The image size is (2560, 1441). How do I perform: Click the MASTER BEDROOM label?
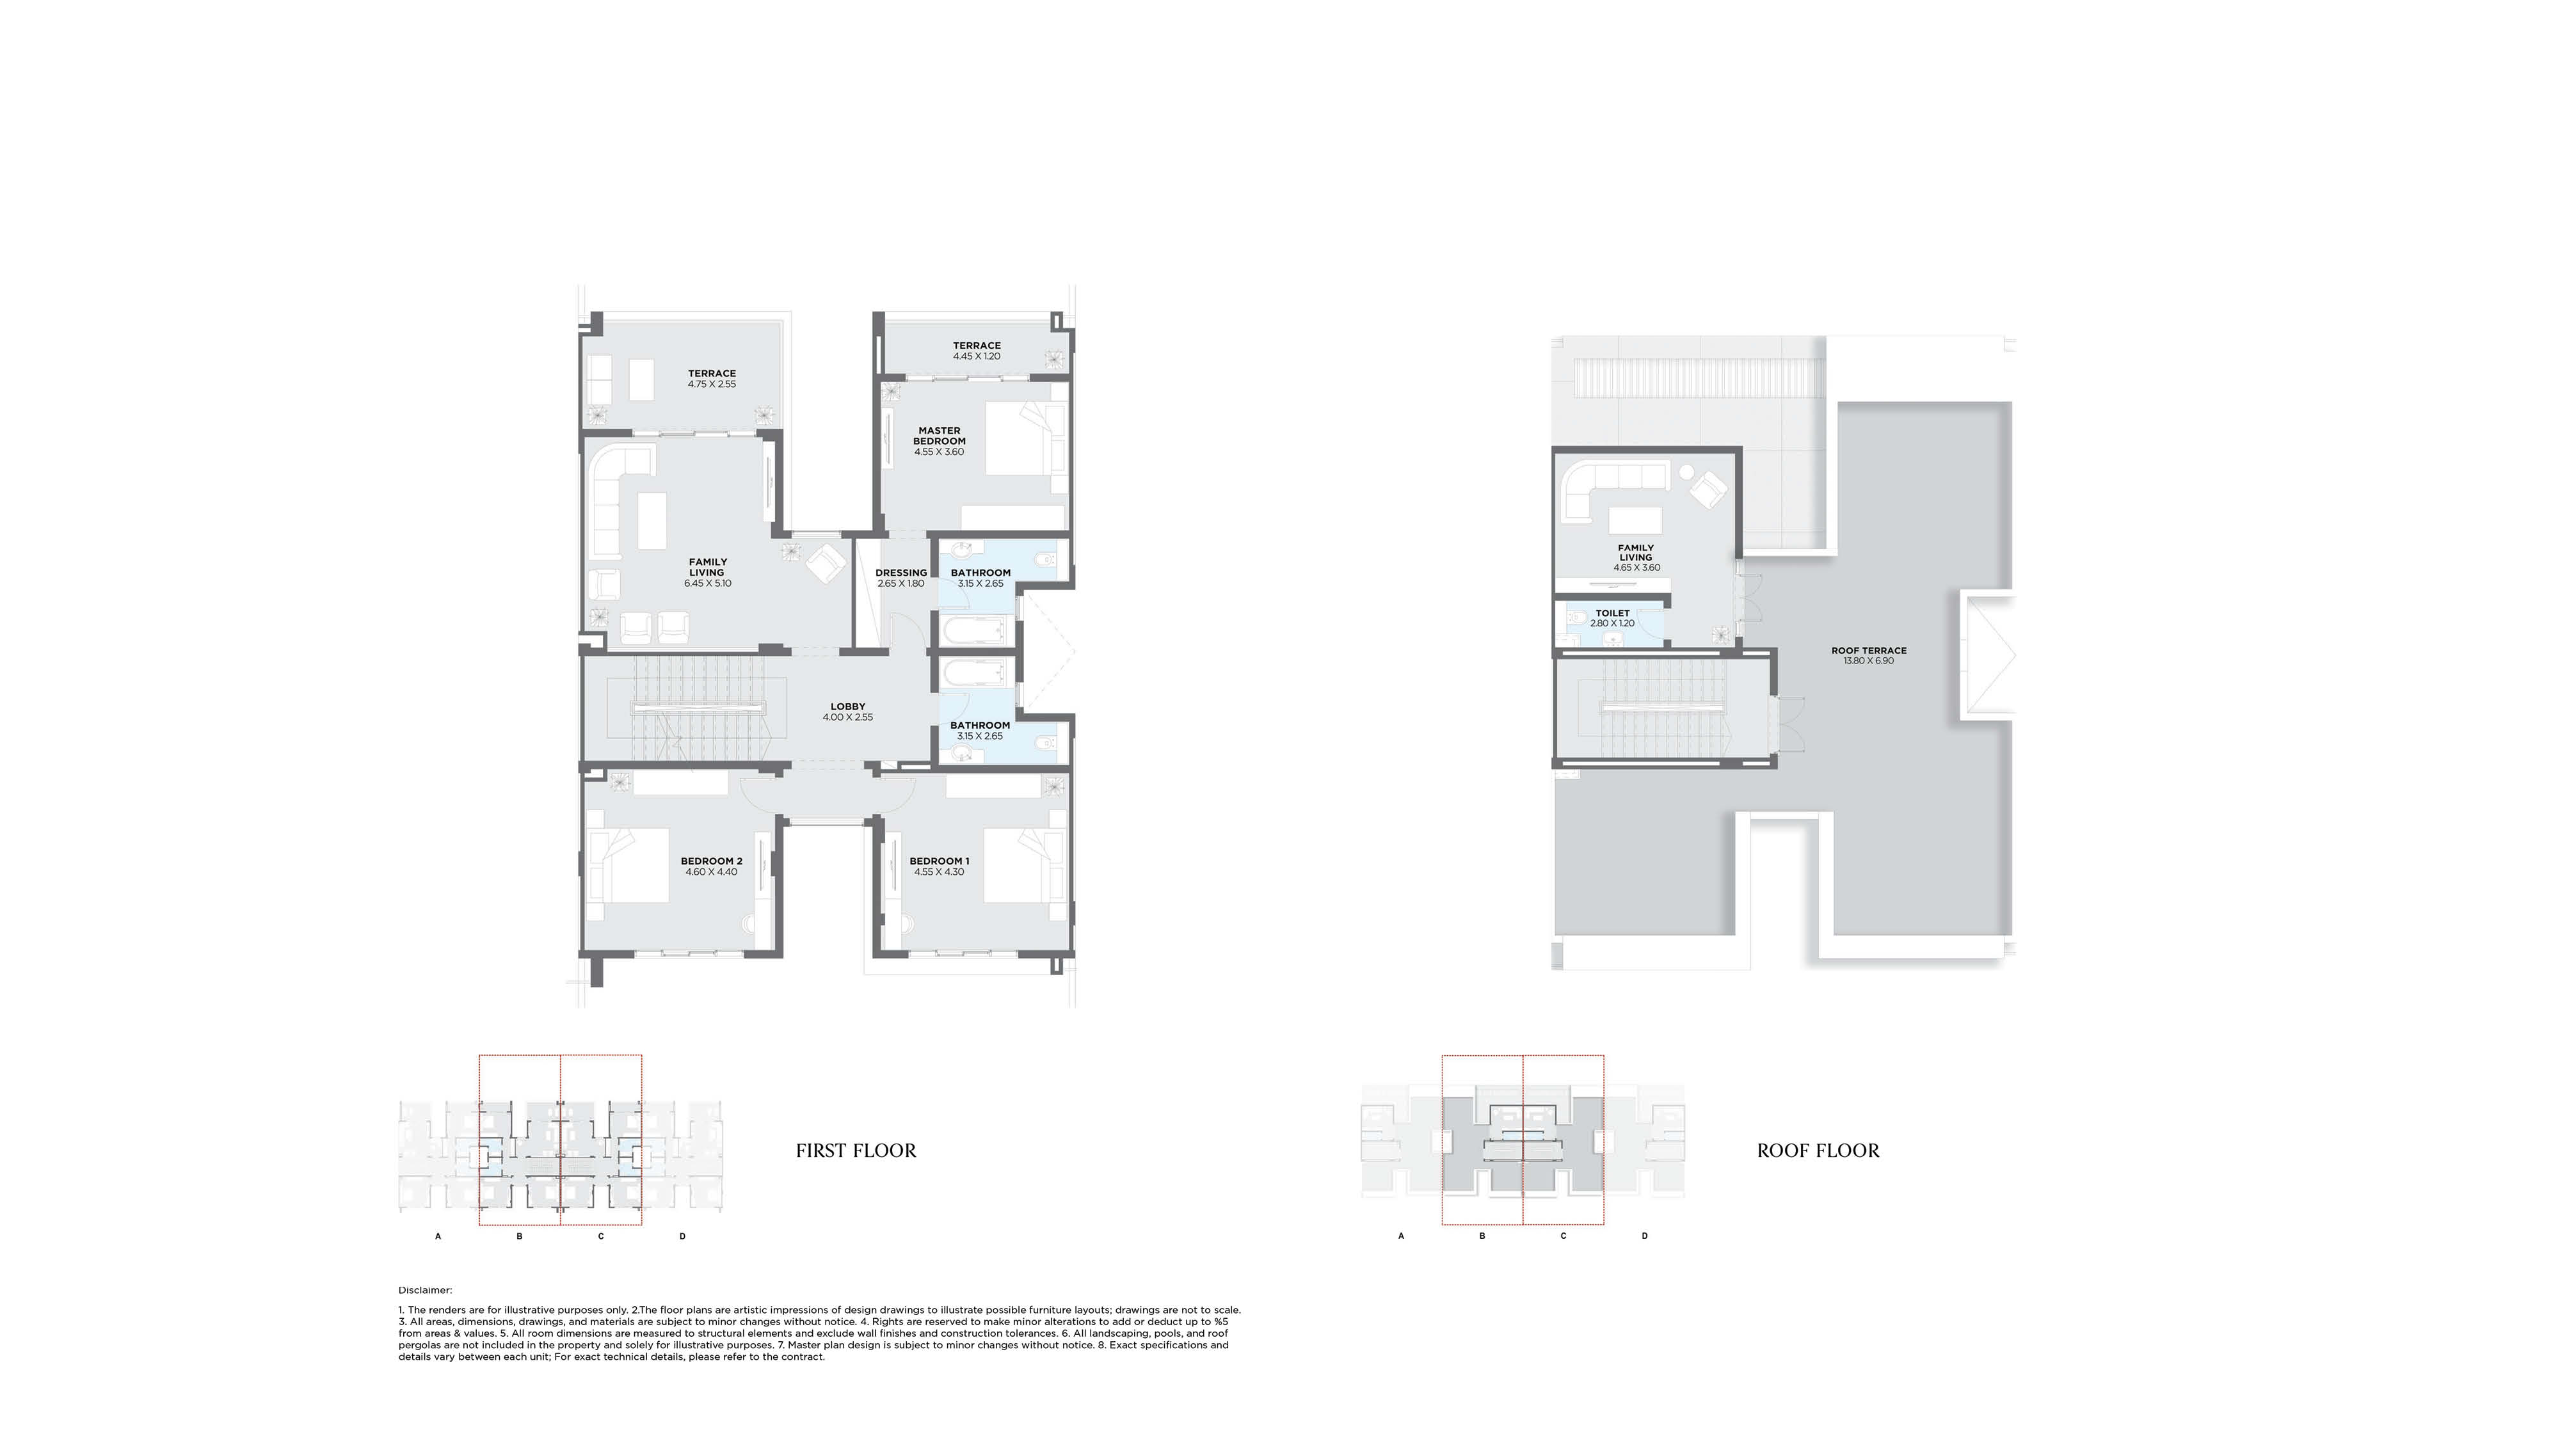point(939,435)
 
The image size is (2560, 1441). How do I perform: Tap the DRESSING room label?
point(900,573)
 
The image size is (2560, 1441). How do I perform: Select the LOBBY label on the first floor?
point(848,706)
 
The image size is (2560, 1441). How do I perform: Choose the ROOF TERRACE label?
point(1869,651)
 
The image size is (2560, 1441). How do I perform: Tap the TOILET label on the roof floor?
point(1612,613)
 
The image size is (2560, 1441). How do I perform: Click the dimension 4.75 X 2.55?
point(712,383)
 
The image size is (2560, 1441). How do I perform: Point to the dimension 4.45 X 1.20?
point(977,356)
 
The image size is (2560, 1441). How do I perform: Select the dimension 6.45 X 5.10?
point(708,584)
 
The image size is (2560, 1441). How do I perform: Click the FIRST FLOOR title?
point(856,1150)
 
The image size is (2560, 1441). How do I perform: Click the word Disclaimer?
point(426,1290)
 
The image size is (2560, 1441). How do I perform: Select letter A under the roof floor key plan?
point(1401,1236)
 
